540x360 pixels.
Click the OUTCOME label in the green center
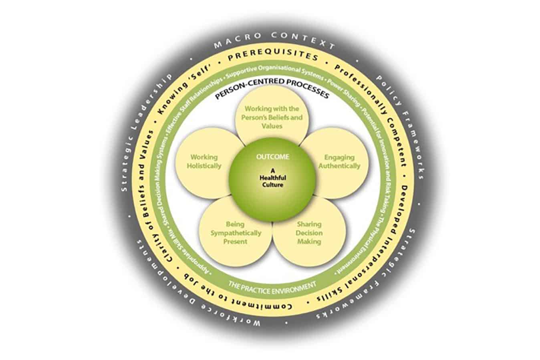tap(272, 157)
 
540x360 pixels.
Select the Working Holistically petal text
tap(204, 161)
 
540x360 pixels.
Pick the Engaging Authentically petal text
tap(342, 161)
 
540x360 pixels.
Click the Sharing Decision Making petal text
tap(309, 233)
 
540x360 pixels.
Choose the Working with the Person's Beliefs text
tap(272, 117)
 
